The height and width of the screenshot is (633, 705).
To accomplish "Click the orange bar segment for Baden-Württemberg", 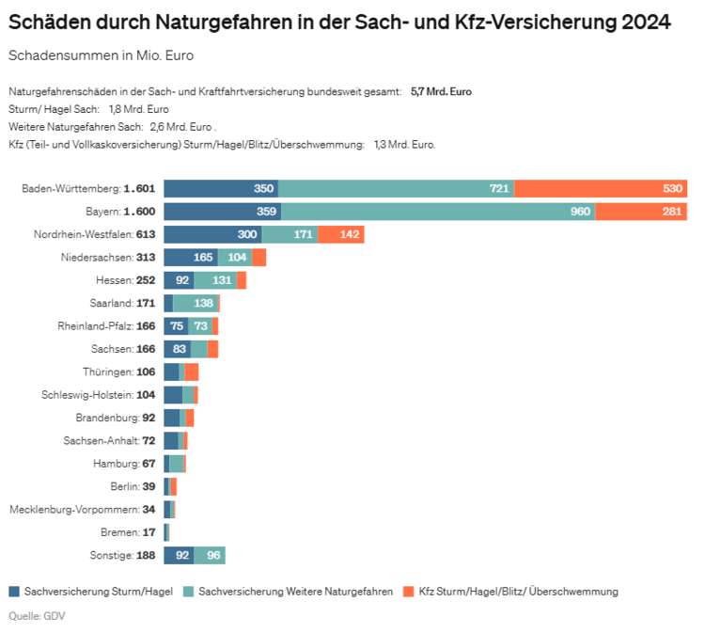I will click(x=602, y=188).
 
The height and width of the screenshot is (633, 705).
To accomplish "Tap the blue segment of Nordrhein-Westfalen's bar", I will click(x=212, y=234).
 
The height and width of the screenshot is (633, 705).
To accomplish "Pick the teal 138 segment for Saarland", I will click(x=196, y=303).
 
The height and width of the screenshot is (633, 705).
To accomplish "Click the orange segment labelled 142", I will click(x=341, y=234).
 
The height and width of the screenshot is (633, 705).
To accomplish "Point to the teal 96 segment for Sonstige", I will click(x=210, y=555).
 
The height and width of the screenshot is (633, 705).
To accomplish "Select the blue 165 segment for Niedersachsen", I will click(x=191, y=257).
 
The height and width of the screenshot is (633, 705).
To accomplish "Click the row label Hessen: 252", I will click(x=126, y=280).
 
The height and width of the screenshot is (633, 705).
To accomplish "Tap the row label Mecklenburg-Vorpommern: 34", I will click(x=83, y=509).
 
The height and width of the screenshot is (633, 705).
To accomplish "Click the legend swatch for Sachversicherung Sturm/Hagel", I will click(x=14, y=592).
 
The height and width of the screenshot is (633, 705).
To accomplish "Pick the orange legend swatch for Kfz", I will click(x=408, y=592).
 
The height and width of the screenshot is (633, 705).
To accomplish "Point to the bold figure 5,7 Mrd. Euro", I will click(x=441, y=92).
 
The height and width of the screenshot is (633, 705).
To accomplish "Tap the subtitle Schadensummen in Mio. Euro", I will click(x=101, y=55).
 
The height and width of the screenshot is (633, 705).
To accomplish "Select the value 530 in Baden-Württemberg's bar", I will click(x=672, y=188).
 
